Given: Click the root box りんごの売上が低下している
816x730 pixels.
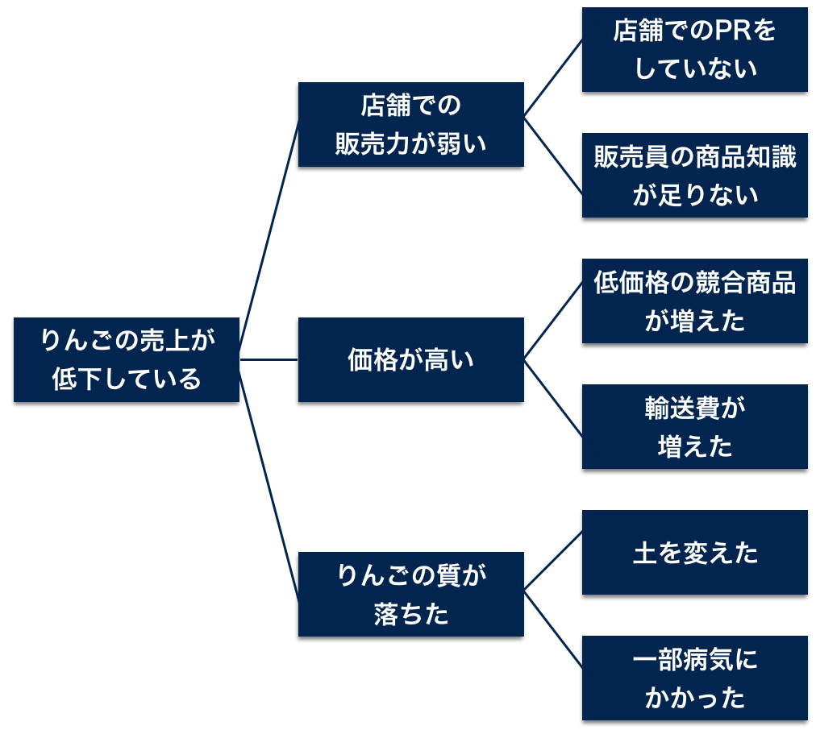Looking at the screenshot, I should click(x=127, y=359).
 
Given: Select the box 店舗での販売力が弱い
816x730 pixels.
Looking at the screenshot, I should click(x=410, y=124).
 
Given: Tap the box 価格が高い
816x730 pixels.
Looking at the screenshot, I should click(x=410, y=359).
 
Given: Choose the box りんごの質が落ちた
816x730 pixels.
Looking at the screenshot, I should click(x=410, y=594).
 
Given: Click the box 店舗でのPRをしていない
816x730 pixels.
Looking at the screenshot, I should click(x=694, y=50).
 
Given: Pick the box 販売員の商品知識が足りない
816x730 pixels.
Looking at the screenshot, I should click(x=694, y=175).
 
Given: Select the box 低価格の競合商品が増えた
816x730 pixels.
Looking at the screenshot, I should click(x=694, y=301).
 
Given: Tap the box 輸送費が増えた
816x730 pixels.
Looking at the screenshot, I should click(x=694, y=426).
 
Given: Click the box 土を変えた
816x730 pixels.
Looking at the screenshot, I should click(x=694, y=553).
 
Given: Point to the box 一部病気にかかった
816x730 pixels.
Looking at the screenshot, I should click(x=694, y=678).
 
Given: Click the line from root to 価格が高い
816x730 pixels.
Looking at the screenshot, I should click(x=269, y=359).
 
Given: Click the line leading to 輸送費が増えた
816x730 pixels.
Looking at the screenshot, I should click(x=553, y=397).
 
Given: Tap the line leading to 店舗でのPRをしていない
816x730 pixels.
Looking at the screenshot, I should click(x=553, y=78).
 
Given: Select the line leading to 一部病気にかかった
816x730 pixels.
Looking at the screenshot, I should click(x=553, y=628).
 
